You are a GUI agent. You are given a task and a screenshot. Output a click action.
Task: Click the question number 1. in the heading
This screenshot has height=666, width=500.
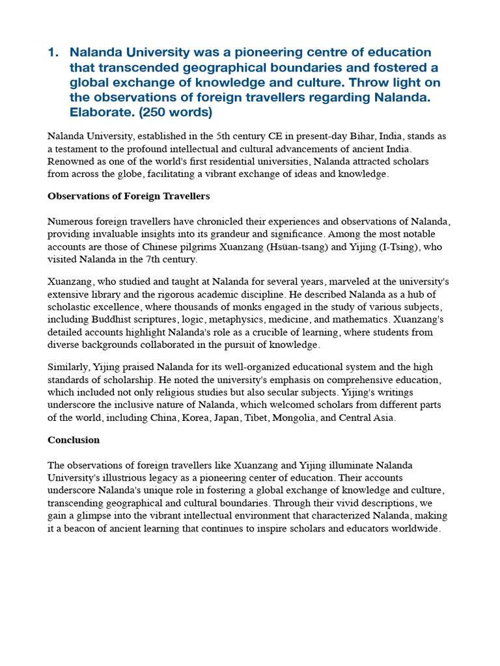pos(53,52)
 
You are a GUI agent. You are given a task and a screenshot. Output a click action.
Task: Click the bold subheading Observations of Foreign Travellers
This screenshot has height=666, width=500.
pos(128,196)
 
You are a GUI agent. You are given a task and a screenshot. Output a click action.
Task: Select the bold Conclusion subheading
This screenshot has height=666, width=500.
pos(74,440)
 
